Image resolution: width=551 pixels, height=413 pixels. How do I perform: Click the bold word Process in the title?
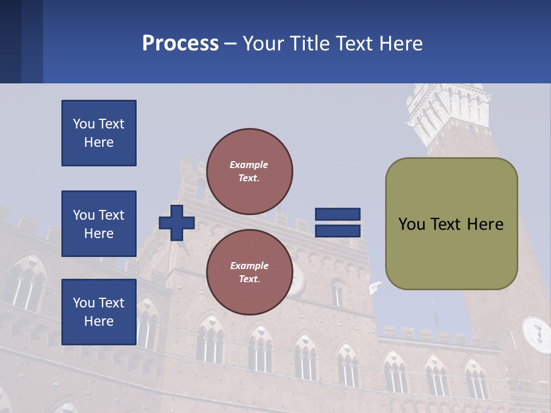[x=180, y=44]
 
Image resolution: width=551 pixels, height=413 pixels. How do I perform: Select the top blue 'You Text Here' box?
[x=99, y=133]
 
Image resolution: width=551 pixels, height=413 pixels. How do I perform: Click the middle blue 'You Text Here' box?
[x=99, y=224]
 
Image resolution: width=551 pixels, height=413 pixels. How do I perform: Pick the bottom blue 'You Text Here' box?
[x=99, y=311]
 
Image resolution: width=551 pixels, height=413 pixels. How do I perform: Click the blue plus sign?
[x=177, y=223]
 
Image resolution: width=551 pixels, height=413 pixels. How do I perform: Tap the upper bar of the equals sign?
[x=337, y=214]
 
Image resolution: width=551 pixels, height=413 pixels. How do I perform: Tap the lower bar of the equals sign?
[x=337, y=231]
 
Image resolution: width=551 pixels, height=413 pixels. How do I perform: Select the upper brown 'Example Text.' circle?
[x=249, y=172]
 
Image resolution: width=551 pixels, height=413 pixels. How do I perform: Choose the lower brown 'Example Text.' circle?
[x=249, y=272]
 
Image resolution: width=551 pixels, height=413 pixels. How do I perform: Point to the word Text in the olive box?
[x=452, y=224]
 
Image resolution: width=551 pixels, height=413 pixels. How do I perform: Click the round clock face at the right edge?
[x=536, y=334]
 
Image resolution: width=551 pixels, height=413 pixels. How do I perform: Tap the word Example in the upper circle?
[x=249, y=165]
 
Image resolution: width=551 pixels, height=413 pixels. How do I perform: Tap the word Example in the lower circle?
[x=249, y=266]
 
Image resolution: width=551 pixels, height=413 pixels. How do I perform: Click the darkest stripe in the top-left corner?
[x=10, y=41]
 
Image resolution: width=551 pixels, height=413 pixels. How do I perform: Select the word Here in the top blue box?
[x=99, y=142]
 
